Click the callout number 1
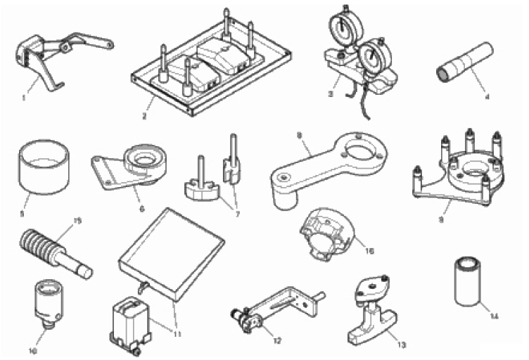point(24,98)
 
